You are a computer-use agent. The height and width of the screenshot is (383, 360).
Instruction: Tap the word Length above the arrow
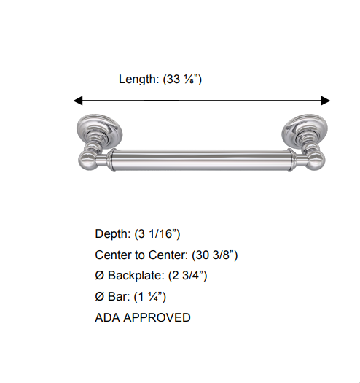138,79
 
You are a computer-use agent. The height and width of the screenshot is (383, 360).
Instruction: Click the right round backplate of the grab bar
303,130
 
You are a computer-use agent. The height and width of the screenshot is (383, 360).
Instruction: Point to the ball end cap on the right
318,160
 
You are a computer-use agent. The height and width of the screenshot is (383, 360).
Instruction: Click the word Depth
112,234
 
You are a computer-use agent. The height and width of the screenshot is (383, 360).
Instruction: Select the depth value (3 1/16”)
157,234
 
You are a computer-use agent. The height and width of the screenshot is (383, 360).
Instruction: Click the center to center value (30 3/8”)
215,255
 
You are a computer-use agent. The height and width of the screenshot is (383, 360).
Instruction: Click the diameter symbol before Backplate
100,276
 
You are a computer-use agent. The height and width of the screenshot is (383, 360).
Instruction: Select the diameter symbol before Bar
100,298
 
